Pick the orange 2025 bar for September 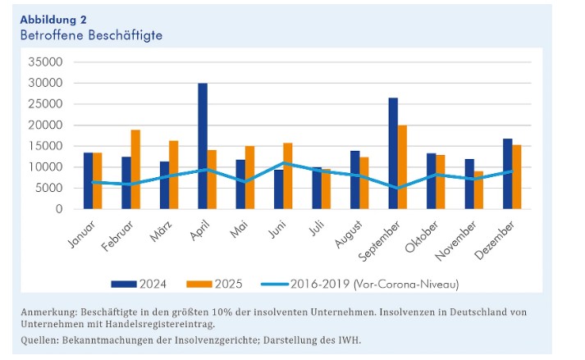tap(402, 167)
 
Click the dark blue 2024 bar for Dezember tap(507, 174)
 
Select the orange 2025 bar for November tap(478, 190)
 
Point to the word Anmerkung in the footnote tap(48, 312)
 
